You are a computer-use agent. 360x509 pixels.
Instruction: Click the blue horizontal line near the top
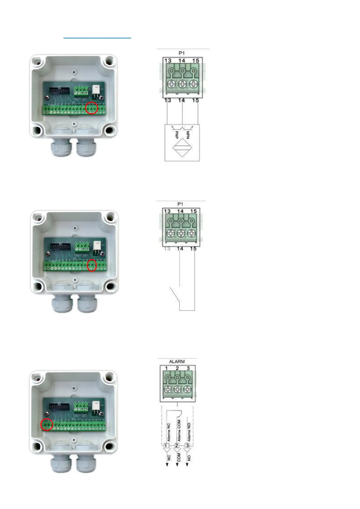coord(97,38)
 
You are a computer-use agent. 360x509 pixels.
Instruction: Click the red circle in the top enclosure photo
coord(92,108)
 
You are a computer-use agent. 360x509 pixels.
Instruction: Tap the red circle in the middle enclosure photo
coord(92,265)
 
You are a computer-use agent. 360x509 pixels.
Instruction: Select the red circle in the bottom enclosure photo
coord(47,425)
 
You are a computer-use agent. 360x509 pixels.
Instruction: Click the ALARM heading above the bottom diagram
coord(177,361)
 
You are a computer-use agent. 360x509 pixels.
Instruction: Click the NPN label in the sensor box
coord(188,135)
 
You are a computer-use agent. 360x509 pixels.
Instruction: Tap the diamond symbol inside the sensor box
coord(182,148)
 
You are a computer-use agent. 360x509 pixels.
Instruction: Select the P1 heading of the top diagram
coord(181,53)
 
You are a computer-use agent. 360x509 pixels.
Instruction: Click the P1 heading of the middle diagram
coord(180,204)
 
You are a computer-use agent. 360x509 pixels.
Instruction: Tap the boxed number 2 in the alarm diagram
coord(177,446)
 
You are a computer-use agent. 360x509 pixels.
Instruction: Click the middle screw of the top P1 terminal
coord(182,84)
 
